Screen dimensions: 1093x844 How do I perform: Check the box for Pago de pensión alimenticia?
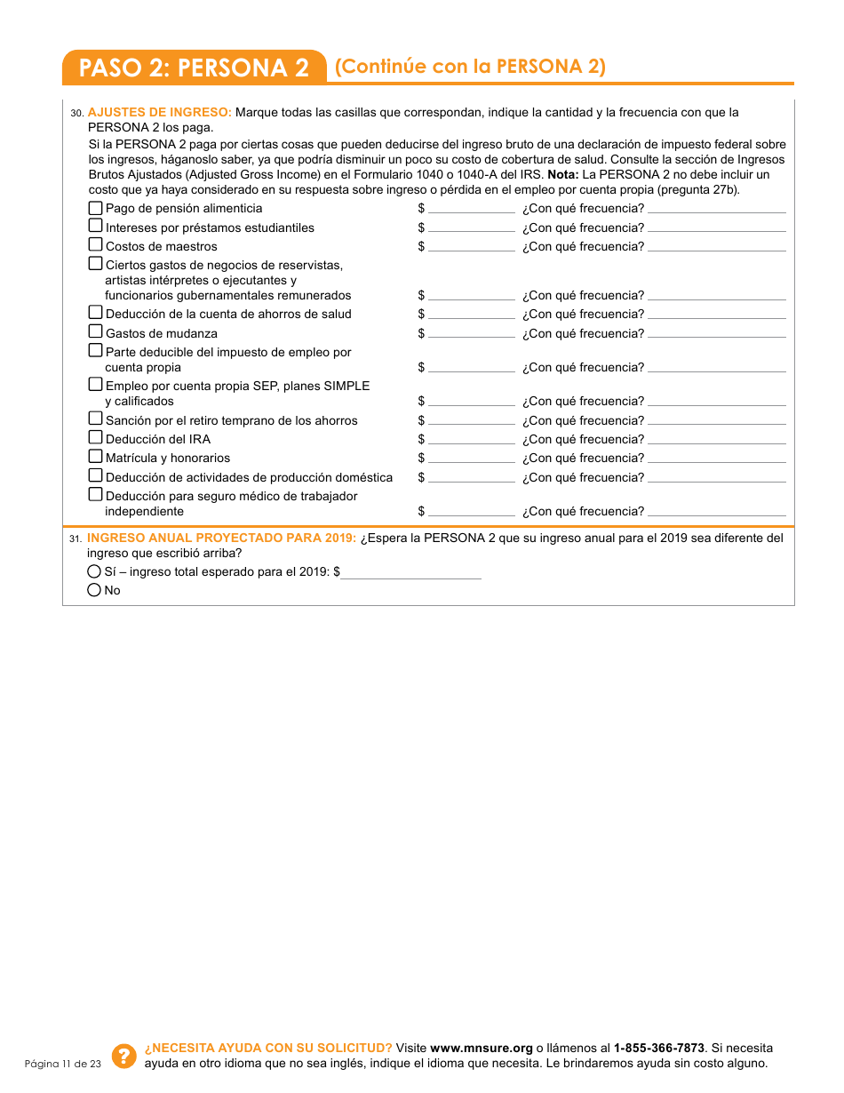pyautogui.click(x=96, y=207)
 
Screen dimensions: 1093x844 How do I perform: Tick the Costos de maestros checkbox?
pyautogui.click(x=96, y=245)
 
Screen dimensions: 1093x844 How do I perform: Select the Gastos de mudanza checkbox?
pyautogui.click(x=96, y=332)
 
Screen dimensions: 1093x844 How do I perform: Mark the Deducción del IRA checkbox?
pyautogui.click(x=96, y=438)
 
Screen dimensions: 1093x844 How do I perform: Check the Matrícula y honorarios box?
pyautogui.click(x=96, y=457)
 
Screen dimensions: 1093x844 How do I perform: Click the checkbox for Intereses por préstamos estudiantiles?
pyautogui.click(x=96, y=227)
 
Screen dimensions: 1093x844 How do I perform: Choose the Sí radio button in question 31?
pyautogui.click(x=94, y=571)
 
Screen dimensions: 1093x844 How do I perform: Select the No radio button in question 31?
pyautogui.click(x=94, y=590)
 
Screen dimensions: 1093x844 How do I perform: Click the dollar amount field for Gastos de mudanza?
pyautogui.click(x=471, y=334)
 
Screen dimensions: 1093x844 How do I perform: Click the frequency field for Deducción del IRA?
pyautogui.click(x=716, y=440)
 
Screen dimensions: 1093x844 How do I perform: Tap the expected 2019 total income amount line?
pyautogui.click(x=410, y=573)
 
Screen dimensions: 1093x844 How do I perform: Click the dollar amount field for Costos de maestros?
pyautogui.click(x=471, y=247)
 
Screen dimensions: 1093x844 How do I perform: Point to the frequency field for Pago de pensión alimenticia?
pyautogui.click(x=716, y=209)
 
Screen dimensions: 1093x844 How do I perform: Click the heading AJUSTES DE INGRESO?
pyautogui.click(x=160, y=112)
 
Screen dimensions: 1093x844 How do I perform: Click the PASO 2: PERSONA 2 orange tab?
pyautogui.click(x=194, y=68)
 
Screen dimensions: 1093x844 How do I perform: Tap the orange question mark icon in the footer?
pyautogui.click(x=124, y=1055)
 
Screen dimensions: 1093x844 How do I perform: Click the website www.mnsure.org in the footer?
pyautogui.click(x=481, y=1048)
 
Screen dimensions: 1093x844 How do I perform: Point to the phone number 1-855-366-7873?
pyautogui.click(x=658, y=1048)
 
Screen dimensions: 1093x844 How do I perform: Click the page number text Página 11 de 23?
pyautogui.click(x=63, y=1064)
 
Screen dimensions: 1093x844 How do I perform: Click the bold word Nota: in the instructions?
pyautogui.click(x=563, y=174)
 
